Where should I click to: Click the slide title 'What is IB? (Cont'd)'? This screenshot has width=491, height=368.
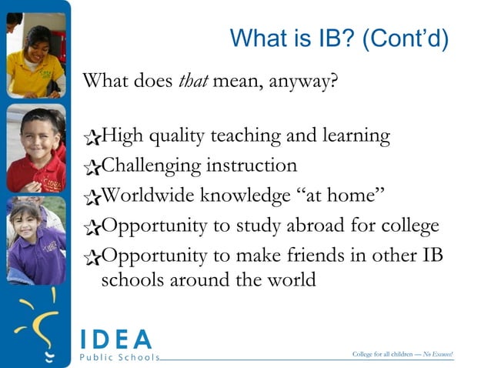(339, 38)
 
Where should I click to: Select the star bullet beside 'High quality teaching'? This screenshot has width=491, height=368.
(92, 139)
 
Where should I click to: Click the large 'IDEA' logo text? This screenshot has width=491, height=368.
(116, 339)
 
